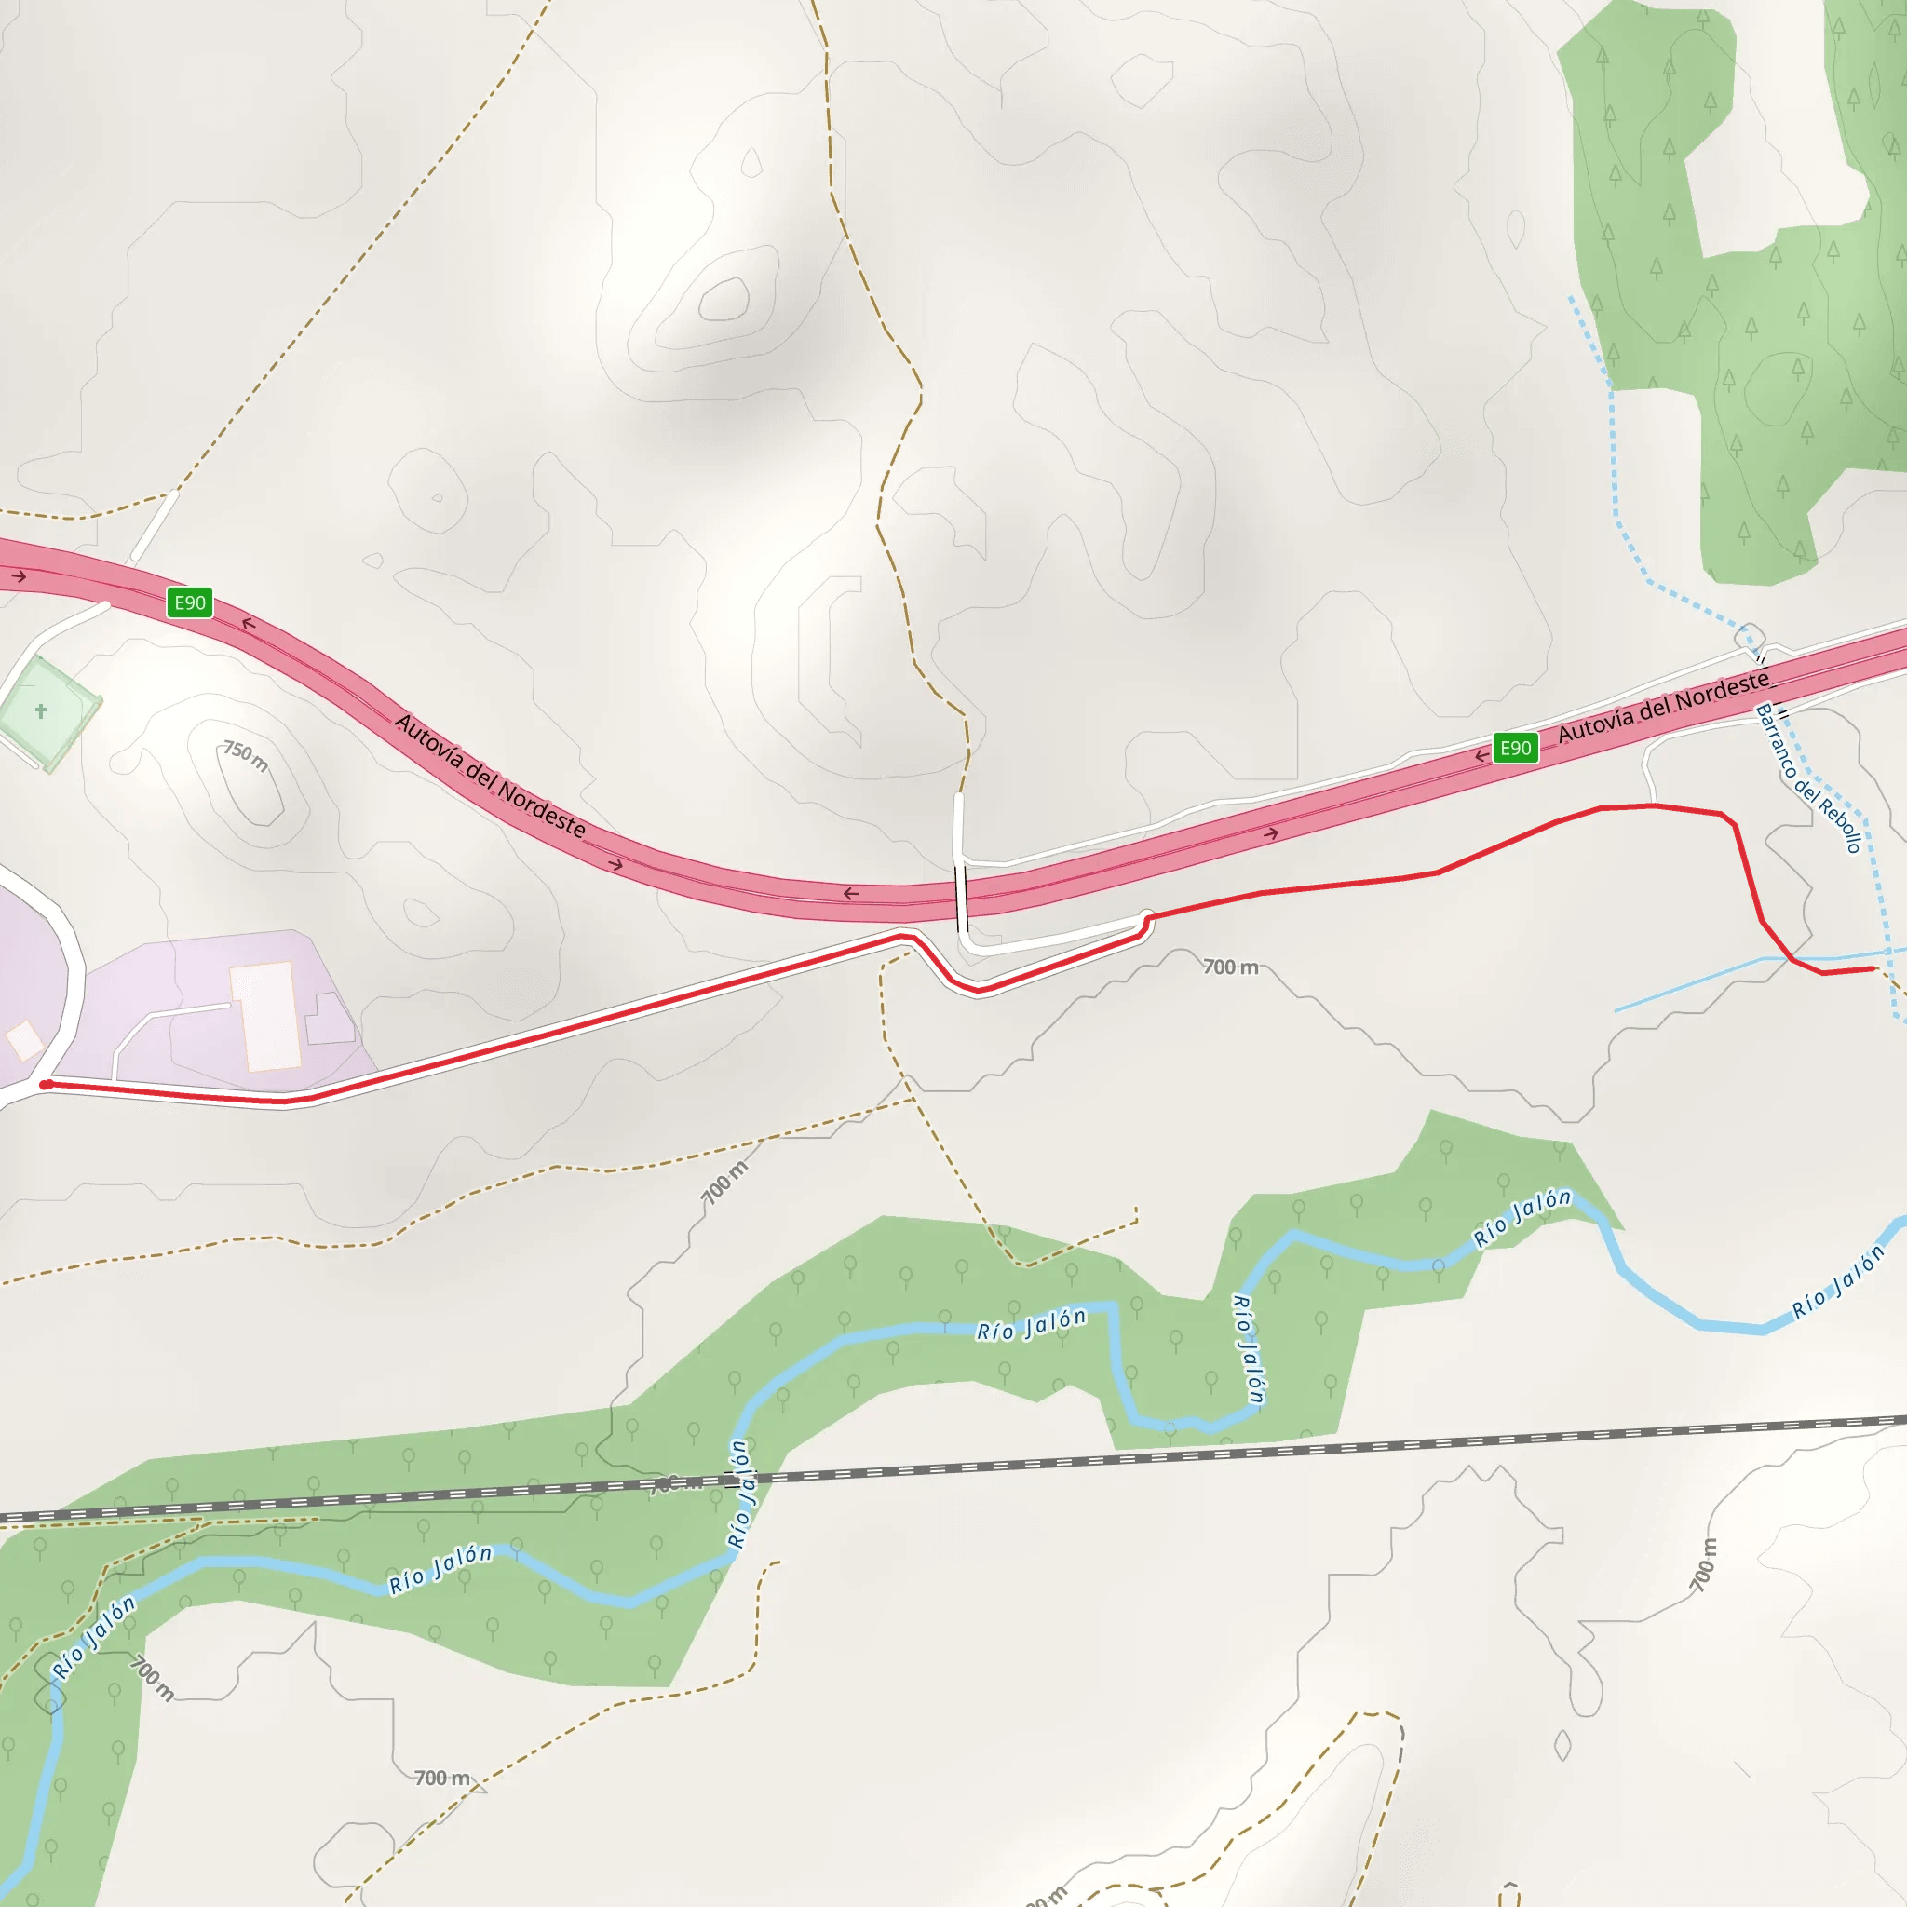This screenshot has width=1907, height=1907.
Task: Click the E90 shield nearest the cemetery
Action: [190, 602]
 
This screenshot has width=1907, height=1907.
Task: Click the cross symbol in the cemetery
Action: [40, 710]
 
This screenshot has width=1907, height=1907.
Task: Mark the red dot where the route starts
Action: [46, 1085]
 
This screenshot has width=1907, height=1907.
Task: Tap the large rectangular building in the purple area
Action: [264, 1016]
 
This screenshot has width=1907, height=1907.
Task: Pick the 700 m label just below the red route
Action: [1230, 967]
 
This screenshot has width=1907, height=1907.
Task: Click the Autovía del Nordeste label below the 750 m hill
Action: [490, 776]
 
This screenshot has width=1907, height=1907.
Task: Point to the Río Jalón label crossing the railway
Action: [739, 1494]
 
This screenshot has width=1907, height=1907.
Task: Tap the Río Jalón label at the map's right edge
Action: [1838, 1282]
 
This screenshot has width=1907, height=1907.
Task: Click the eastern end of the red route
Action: [1873, 969]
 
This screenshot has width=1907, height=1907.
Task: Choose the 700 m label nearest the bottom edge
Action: [441, 1778]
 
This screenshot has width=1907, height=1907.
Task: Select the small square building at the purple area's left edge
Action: [23, 1040]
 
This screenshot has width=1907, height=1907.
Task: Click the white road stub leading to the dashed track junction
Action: [155, 526]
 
